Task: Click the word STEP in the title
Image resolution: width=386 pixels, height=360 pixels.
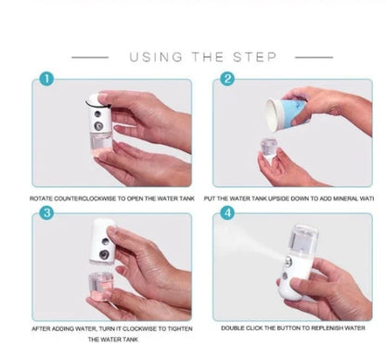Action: tap(256, 58)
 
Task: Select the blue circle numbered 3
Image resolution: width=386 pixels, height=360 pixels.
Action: tap(47, 212)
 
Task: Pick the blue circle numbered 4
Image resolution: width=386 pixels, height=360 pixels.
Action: tap(227, 212)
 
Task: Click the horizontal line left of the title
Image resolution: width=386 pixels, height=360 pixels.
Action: tap(90, 57)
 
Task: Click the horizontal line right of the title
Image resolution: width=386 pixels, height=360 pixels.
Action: tap(314, 57)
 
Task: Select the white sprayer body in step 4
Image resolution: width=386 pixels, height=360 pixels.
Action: tap(297, 264)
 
